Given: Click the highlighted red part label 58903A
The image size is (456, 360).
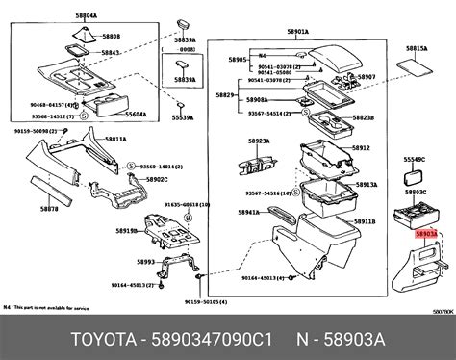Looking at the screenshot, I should click(424, 233).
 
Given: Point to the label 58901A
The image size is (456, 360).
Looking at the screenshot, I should click(294, 32).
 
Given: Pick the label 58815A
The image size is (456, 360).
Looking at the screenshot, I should click(417, 46).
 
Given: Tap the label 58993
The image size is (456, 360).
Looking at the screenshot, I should click(145, 261).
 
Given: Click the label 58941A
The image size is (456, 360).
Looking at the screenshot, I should click(248, 214).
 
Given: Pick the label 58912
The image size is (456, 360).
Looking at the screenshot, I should click(360, 148).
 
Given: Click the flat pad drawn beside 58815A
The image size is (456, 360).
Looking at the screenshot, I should click(416, 67).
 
